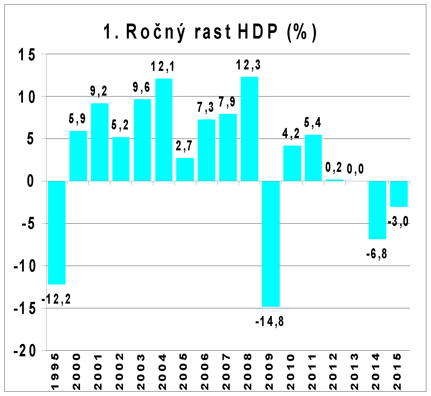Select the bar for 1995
57,232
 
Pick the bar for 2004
164,130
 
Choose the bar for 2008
249,129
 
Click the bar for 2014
377,210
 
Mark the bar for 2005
185,169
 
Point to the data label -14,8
269,322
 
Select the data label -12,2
56,300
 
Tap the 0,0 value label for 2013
355,169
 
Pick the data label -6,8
377,254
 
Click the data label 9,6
142,87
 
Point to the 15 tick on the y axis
27,55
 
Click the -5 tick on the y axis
28,224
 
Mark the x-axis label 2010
291,372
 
